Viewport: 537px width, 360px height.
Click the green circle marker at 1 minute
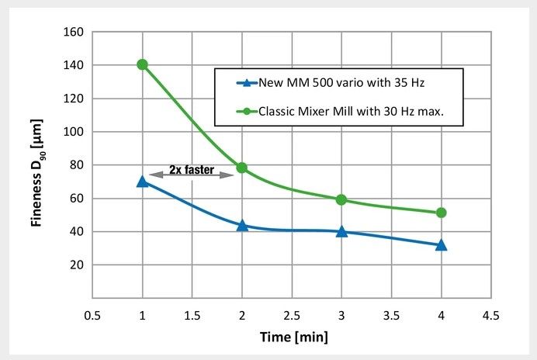(x=142, y=64)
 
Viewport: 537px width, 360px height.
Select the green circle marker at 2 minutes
(x=242, y=168)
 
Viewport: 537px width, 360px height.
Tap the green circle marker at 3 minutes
(x=341, y=199)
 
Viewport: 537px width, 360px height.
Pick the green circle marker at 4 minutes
(x=442, y=213)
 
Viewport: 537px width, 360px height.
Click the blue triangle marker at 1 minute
(x=142, y=181)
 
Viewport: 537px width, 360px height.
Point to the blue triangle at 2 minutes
(x=242, y=225)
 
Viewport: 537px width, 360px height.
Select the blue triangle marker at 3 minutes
(x=341, y=231)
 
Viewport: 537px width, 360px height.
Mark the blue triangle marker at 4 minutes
(x=442, y=244)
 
